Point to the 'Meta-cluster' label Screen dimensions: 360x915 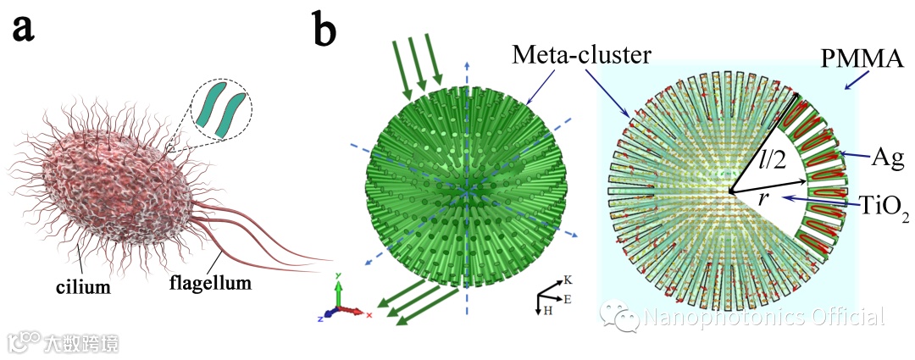coord(582,55)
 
